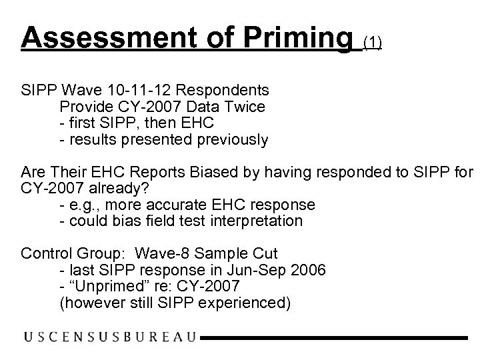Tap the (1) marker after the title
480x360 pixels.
tap(372, 43)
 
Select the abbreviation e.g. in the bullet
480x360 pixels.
tap(83, 204)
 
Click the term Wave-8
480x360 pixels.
tap(163, 253)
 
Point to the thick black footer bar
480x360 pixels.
tap(334, 338)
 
